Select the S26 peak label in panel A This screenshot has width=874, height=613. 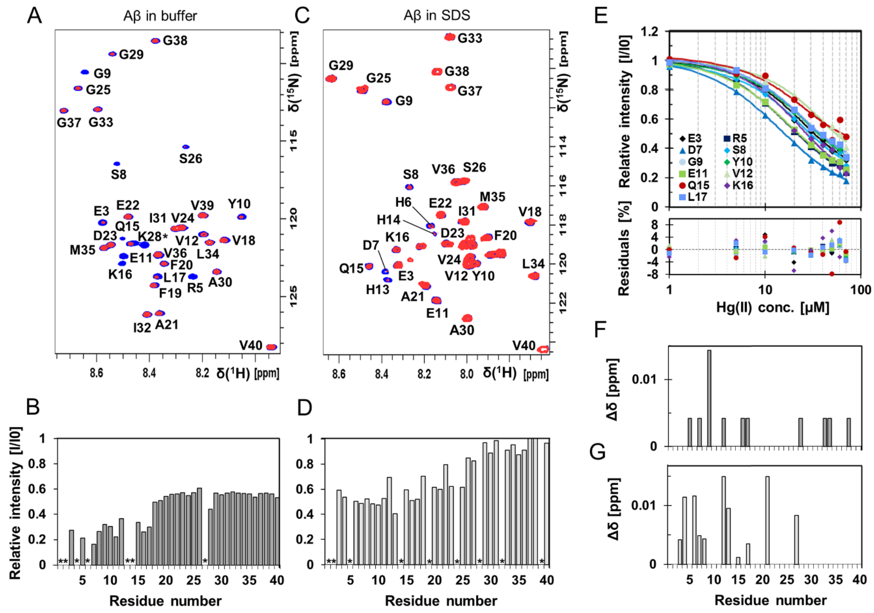coord(190,159)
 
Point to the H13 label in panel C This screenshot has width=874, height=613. coord(378,290)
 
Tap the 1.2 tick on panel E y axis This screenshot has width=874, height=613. coord(649,31)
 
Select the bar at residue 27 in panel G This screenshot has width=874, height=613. coord(796,539)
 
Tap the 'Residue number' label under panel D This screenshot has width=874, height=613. coord(441,601)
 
